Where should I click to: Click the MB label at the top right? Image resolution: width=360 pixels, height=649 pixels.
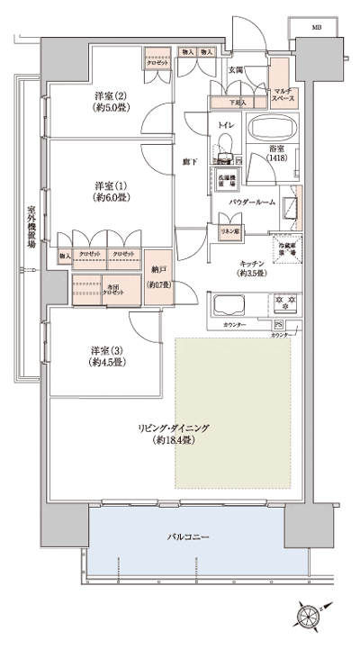click(x=316, y=28)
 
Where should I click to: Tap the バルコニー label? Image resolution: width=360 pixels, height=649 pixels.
click(x=188, y=537)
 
